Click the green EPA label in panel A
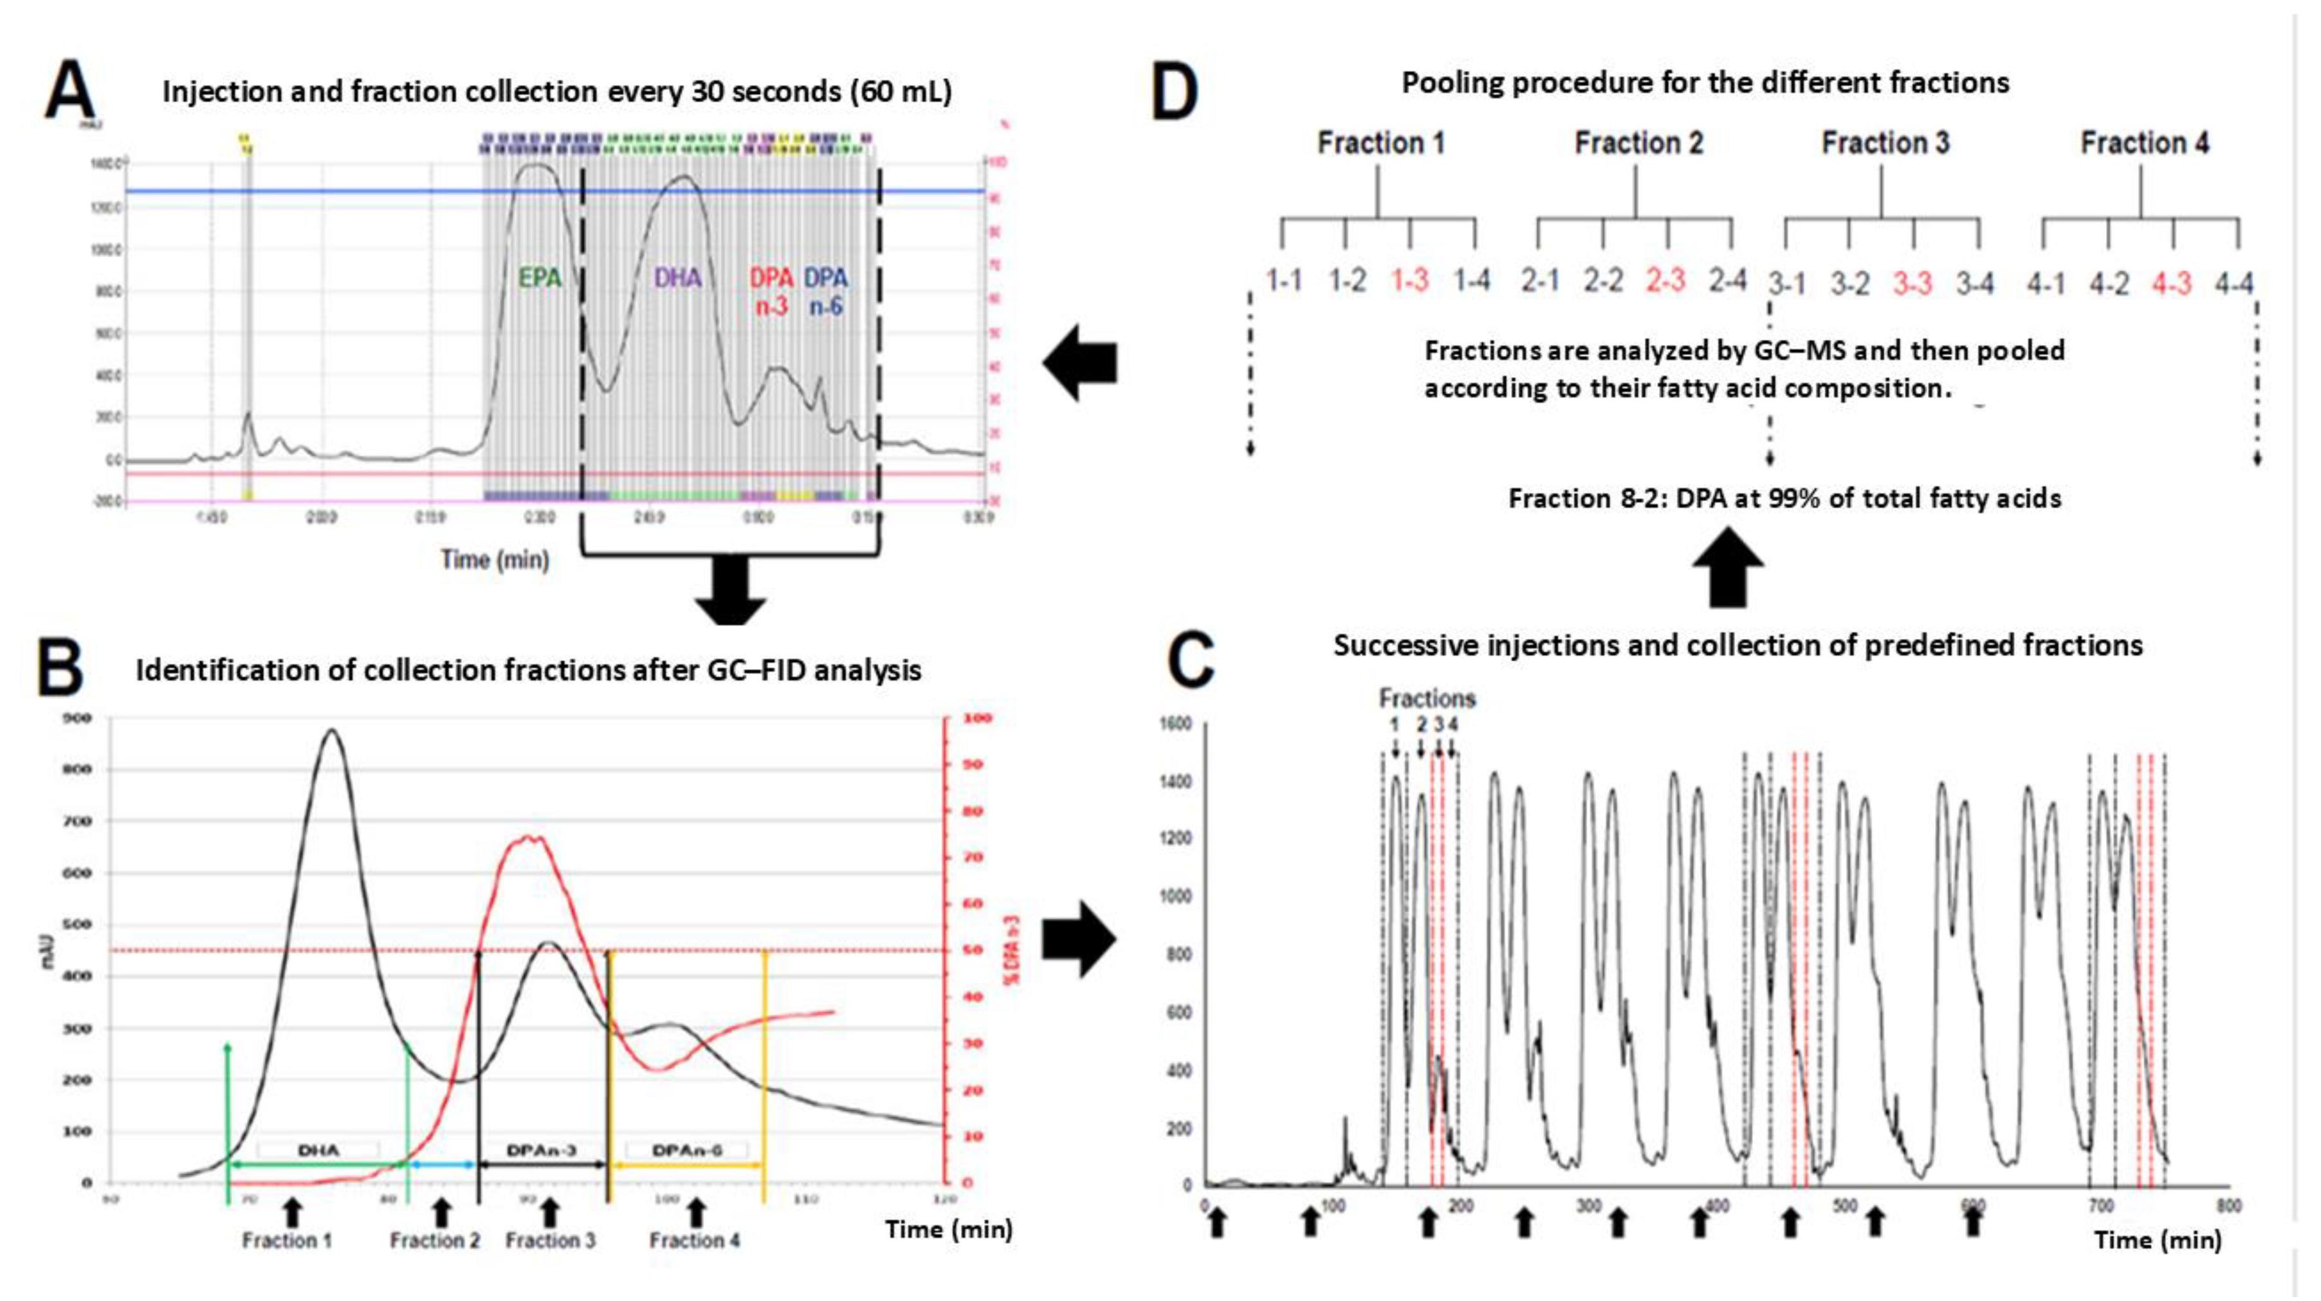pyautogui.click(x=540, y=277)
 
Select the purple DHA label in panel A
pyautogui.click(x=677, y=277)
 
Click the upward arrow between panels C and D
pyautogui.click(x=1728, y=567)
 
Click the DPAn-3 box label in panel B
pyautogui.click(x=540, y=1150)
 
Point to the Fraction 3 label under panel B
pyautogui.click(x=549, y=1241)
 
